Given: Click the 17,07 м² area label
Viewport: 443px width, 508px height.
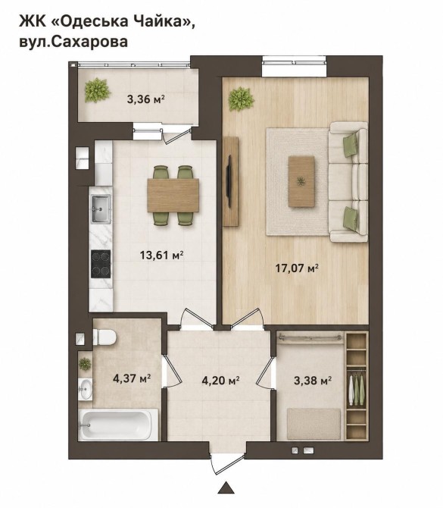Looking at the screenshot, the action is click(x=297, y=268).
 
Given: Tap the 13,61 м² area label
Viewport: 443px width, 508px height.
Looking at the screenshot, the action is click(x=162, y=255).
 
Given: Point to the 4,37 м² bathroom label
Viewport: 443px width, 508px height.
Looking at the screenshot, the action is click(x=132, y=378).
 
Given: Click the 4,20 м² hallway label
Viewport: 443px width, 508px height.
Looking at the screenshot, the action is click(x=220, y=380).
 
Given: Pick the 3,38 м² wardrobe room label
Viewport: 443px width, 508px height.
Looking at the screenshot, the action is click(x=313, y=380).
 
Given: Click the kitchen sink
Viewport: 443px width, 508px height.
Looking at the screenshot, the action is click(x=101, y=209).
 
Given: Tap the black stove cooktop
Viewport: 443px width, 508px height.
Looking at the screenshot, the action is click(x=101, y=264).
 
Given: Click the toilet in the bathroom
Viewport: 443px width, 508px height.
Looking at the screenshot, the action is click(x=105, y=337).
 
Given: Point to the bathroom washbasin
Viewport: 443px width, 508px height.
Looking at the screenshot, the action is click(x=86, y=389).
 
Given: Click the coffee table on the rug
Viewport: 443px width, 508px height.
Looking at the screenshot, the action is click(x=301, y=181).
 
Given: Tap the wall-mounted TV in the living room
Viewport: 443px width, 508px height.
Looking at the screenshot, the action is click(x=229, y=181).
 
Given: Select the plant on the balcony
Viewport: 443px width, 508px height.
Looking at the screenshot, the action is click(x=97, y=90).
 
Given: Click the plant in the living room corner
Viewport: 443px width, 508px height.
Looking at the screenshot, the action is click(x=241, y=99).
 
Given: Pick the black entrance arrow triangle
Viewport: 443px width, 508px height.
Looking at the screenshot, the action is click(x=226, y=489).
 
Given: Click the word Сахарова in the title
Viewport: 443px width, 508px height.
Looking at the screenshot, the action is click(x=89, y=42).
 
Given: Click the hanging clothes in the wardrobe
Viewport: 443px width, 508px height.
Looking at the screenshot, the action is click(x=356, y=389).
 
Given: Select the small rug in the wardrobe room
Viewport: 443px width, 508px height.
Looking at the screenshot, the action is click(x=314, y=424).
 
